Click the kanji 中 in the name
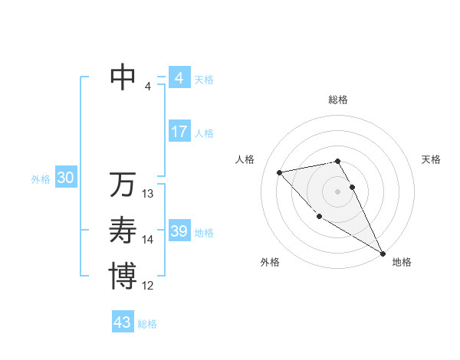pyautogui.click(x=123, y=77)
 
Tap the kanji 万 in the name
pyautogui.click(x=123, y=185)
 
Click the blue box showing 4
pyautogui.click(x=179, y=77)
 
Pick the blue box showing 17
pyautogui.click(x=179, y=132)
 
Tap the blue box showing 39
pyautogui.click(x=179, y=231)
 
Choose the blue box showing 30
pyautogui.click(x=65, y=178)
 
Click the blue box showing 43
pyautogui.click(x=123, y=322)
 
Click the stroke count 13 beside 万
pyautogui.click(x=148, y=194)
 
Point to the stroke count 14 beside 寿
pyautogui.click(x=148, y=240)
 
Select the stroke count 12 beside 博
pyautogui.click(x=148, y=286)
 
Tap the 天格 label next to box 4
pyautogui.click(x=204, y=79)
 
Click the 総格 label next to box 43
pyautogui.click(x=147, y=324)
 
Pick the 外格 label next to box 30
pyautogui.click(x=41, y=179)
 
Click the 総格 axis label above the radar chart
pyautogui.click(x=338, y=100)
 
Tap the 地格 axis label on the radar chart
pyautogui.click(x=402, y=262)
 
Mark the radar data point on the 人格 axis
pyautogui.click(x=280, y=172)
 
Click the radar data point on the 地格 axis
pyautogui.click(x=383, y=254)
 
